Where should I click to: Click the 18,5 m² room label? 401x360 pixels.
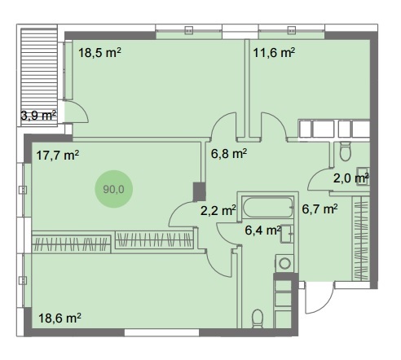[99, 52]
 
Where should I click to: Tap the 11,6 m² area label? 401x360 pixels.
[274, 52]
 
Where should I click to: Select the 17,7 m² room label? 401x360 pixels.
[58, 156]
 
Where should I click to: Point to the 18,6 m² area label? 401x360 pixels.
[59, 318]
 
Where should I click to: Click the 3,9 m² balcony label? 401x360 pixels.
[38, 116]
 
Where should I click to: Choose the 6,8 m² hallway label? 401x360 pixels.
[229, 154]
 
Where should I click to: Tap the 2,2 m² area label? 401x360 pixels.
[218, 210]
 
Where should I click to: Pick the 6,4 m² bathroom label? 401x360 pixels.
[262, 230]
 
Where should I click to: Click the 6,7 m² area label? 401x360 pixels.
[319, 209]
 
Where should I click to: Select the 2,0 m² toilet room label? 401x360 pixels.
[351, 178]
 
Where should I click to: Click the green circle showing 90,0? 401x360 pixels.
[113, 189]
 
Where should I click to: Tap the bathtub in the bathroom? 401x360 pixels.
[268, 207]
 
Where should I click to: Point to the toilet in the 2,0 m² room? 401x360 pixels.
[346, 151]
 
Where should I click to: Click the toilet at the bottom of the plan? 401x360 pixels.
[258, 318]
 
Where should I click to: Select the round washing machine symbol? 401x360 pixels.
[284, 263]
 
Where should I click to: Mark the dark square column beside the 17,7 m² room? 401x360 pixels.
[199, 191]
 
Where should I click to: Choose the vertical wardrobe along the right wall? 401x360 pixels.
[361, 239]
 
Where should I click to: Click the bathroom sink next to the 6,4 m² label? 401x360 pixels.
[287, 234]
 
